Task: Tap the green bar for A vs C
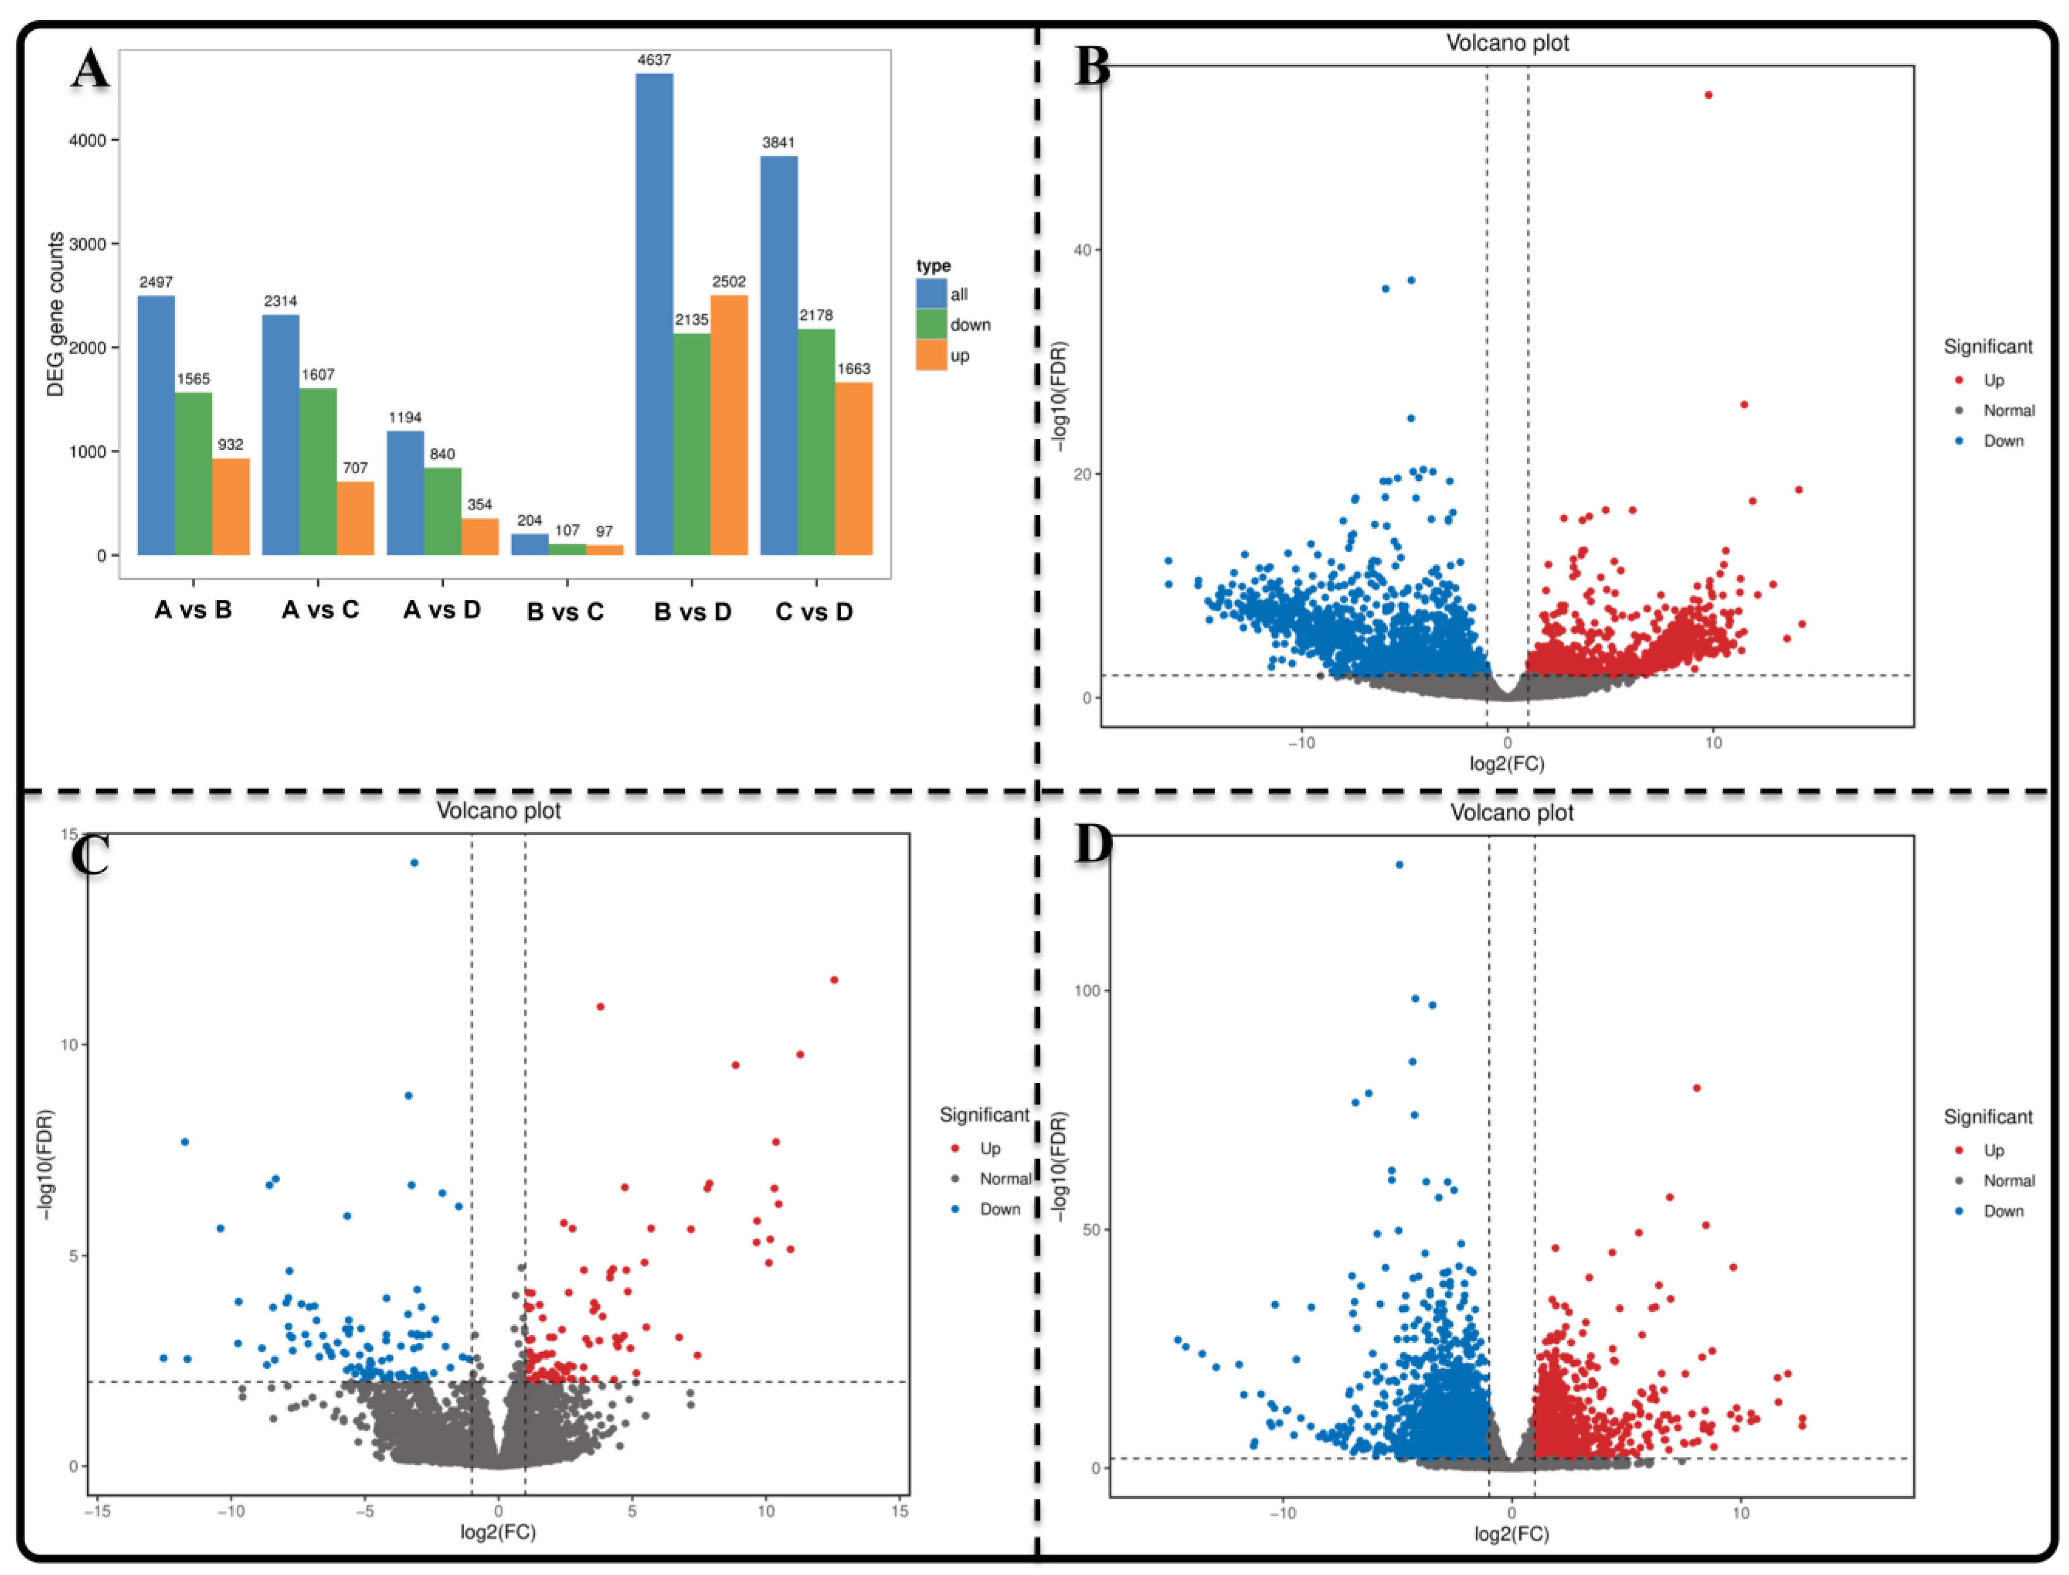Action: pos(318,472)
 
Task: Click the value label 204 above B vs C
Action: pos(530,521)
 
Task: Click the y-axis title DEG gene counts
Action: pos(56,314)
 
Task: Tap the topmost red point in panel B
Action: pos(1708,95)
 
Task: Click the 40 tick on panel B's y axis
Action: pos(1083,250)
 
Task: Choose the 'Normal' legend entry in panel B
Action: pos(2008,411)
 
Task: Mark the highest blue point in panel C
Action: pos(414,862)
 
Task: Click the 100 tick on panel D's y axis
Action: pos(1087,991)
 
